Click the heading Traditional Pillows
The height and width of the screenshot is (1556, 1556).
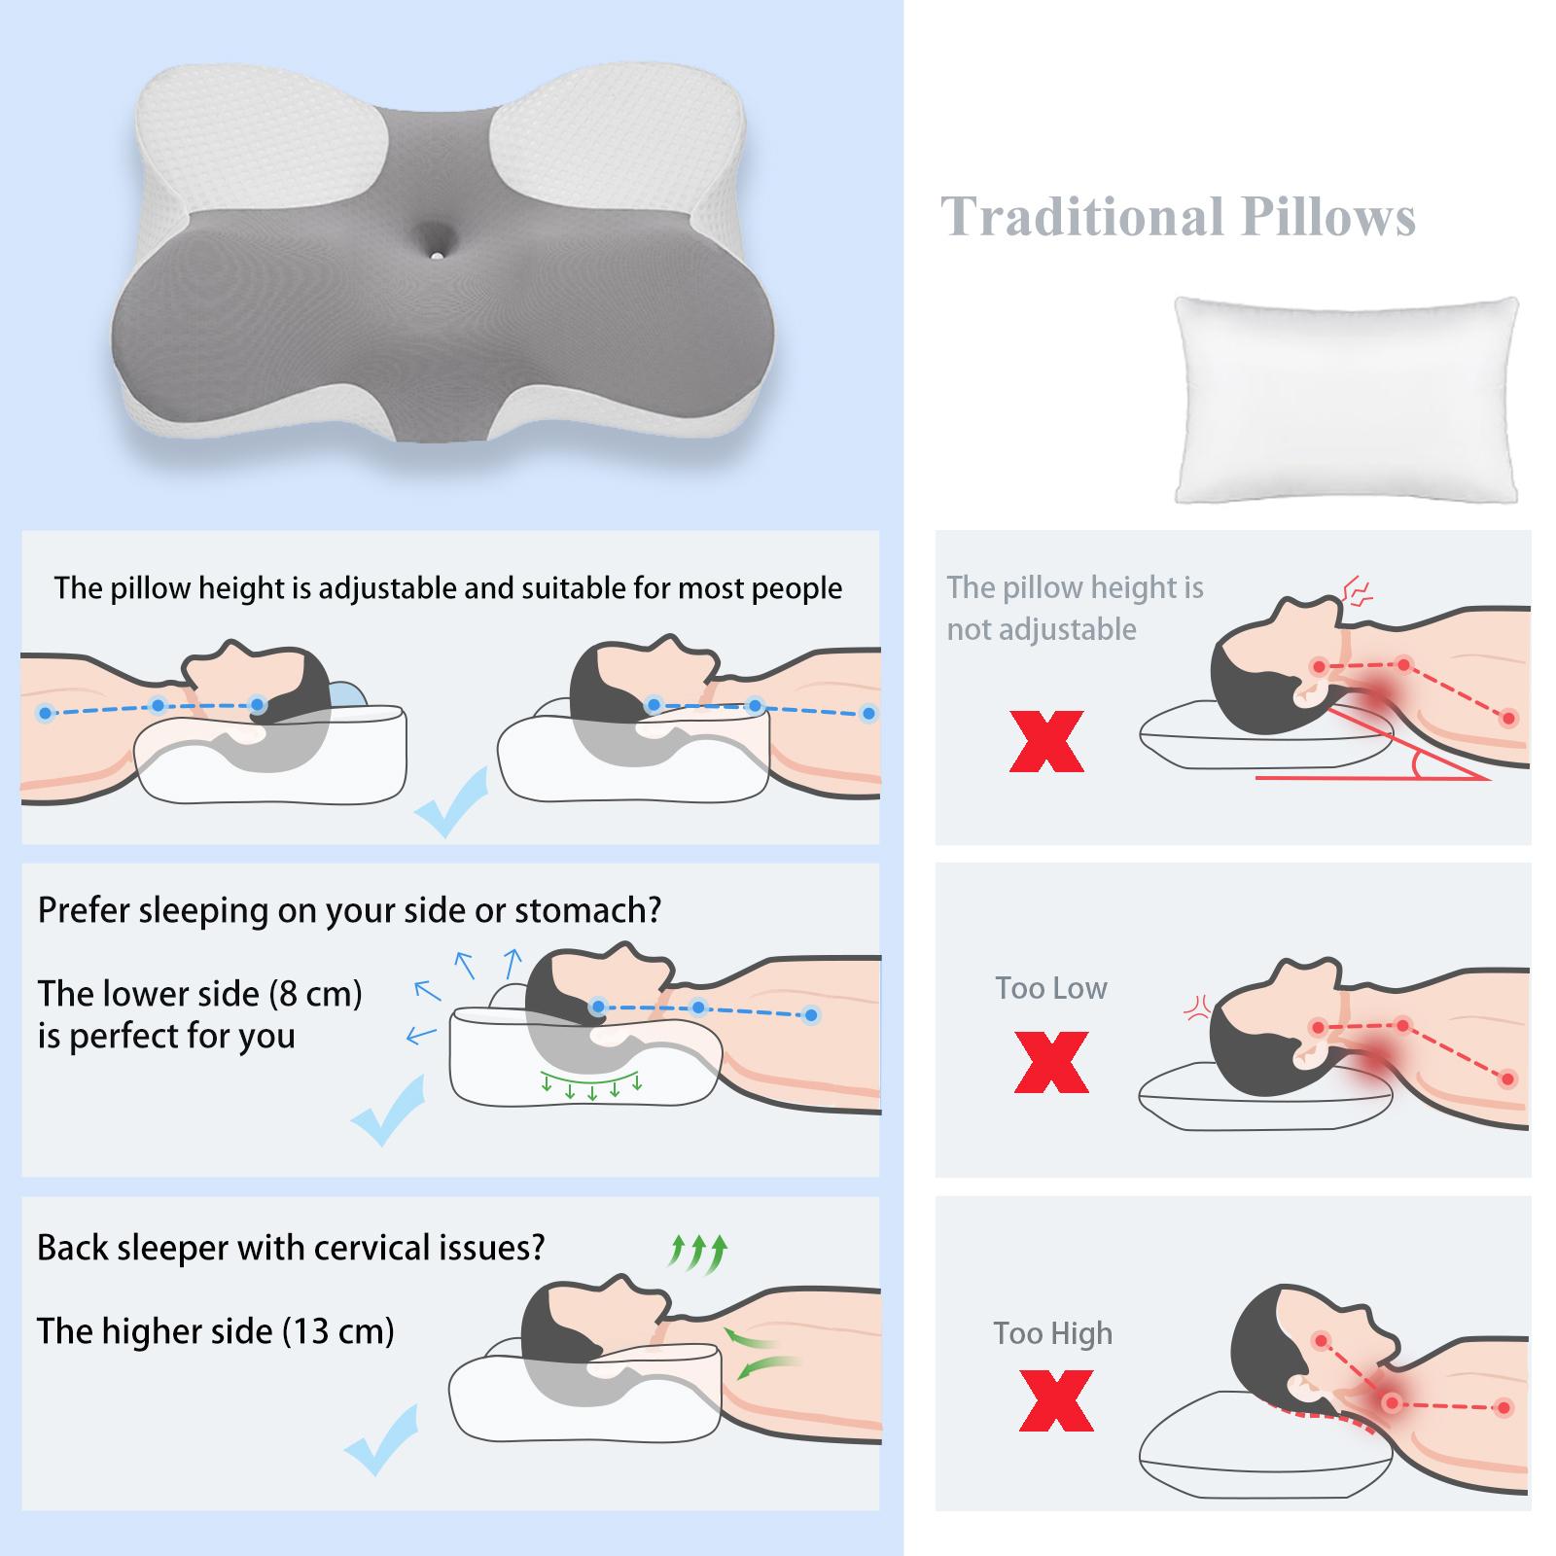[1178, 217]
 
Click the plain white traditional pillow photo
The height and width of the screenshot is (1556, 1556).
[1346, 400]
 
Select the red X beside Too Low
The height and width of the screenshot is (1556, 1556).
[1050, 1062]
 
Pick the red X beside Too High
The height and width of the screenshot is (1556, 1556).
[1056, 1400]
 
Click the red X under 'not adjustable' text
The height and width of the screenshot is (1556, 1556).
[1046, 741]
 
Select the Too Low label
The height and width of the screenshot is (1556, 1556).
[1050, 988]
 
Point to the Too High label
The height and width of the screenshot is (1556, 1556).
[1052, 1333]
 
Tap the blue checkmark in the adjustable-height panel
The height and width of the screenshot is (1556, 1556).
[450, 800]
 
